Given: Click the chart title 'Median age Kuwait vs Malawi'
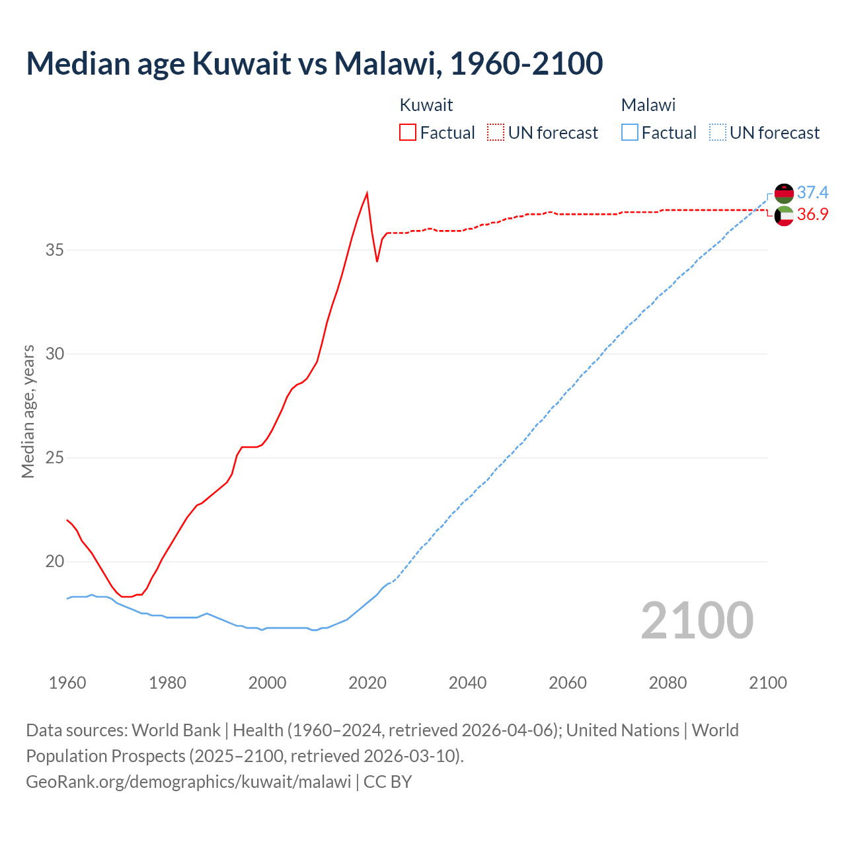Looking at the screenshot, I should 314,63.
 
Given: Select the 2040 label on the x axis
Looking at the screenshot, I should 467,683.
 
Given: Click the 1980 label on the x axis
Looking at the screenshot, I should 167,683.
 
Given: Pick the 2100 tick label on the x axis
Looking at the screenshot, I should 767,683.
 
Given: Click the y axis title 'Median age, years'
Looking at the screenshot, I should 28,411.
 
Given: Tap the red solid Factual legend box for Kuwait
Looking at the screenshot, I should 408,132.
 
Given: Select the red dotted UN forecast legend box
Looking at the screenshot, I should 496,132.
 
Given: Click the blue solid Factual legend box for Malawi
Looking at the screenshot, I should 630,132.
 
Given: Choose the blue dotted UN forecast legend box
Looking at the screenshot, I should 717,132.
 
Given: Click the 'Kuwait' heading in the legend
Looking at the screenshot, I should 426,105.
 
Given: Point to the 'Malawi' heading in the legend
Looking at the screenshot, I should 648,105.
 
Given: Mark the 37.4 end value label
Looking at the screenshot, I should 812,192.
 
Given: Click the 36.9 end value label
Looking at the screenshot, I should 812,214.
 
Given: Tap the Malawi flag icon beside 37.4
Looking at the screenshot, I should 784,193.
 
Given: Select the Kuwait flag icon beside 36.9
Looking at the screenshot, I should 784,215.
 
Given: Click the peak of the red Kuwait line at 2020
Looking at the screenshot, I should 367,193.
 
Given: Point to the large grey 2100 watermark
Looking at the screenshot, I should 697,620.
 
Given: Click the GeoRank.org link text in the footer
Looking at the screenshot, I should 188,781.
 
